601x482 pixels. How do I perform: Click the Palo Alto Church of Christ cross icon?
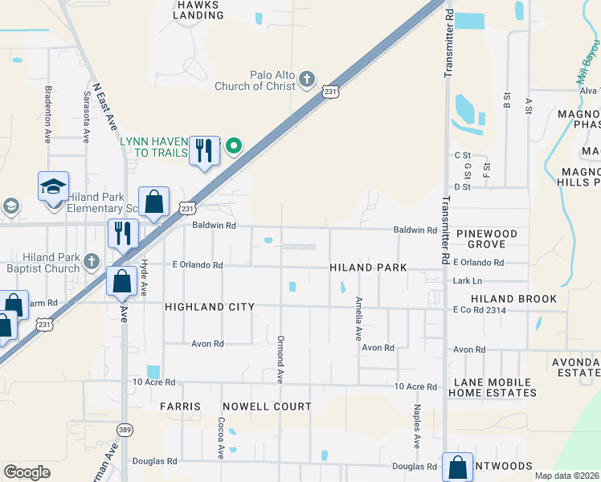pos(306,80)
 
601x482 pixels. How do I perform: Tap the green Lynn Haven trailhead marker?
pos(234,145)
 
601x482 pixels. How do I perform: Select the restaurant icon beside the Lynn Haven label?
pos(204,150)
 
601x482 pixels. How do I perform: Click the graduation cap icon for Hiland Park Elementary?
pos(54,187)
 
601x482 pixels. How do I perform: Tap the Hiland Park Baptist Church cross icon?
pos(91,261)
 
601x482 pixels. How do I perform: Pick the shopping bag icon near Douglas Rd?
pos(457,468)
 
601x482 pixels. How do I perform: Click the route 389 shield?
pos(125,429)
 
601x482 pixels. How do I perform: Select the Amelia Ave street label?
pos(358,318)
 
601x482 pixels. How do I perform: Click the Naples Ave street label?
pos(417,426)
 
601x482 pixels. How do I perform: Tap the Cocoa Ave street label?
pos(220,437)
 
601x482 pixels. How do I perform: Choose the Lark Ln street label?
pos(467,281)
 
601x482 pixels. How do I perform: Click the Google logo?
pos(27,472)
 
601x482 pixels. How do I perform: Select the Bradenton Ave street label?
pos(48,115)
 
